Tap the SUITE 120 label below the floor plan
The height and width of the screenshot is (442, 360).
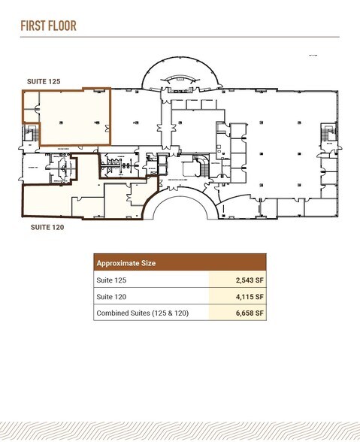click(x=45, y=226)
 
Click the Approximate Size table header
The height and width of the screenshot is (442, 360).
click(x=126, y=264)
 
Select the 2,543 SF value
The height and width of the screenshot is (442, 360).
click(x=247, y=280)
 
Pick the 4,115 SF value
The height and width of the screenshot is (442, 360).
click(x=247, y=296)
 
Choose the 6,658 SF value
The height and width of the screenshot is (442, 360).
click(x=247, y=313)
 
